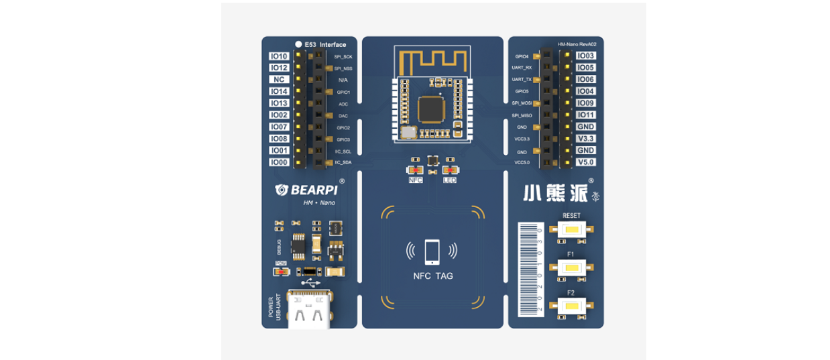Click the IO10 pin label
click(279, 56)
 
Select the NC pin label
click(279, 80)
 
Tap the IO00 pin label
click(279, 162)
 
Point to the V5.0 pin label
click(586, 162)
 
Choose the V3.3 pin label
click(586, 139)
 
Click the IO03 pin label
click(586, 56)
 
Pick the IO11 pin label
click(586, 115)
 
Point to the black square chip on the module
click(430, 109)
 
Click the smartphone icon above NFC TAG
click(432, 251)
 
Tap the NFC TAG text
click(432, 276)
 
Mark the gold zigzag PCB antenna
click(432, 61)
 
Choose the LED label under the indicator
click(449, 180)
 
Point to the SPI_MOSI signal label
click(522, 103)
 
